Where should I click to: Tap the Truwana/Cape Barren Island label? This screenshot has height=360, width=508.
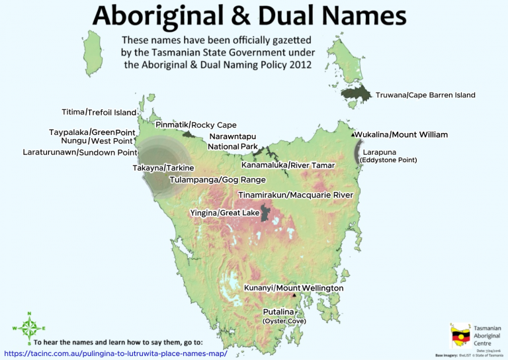click(x=425, y=95)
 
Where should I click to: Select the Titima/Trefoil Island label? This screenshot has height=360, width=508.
click(x=99, y=112)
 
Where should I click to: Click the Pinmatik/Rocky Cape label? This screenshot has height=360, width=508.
click(x=196, y=125)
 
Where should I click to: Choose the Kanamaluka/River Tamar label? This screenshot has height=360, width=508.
click(x=288, y=164)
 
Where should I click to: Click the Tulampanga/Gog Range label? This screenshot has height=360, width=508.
click(x=218, y=179)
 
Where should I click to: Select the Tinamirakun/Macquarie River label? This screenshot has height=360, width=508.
click(x=295, y=195)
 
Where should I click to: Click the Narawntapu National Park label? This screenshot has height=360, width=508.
click(x=233, y=142)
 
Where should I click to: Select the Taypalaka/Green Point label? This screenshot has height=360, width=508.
click(x=92, y=132)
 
